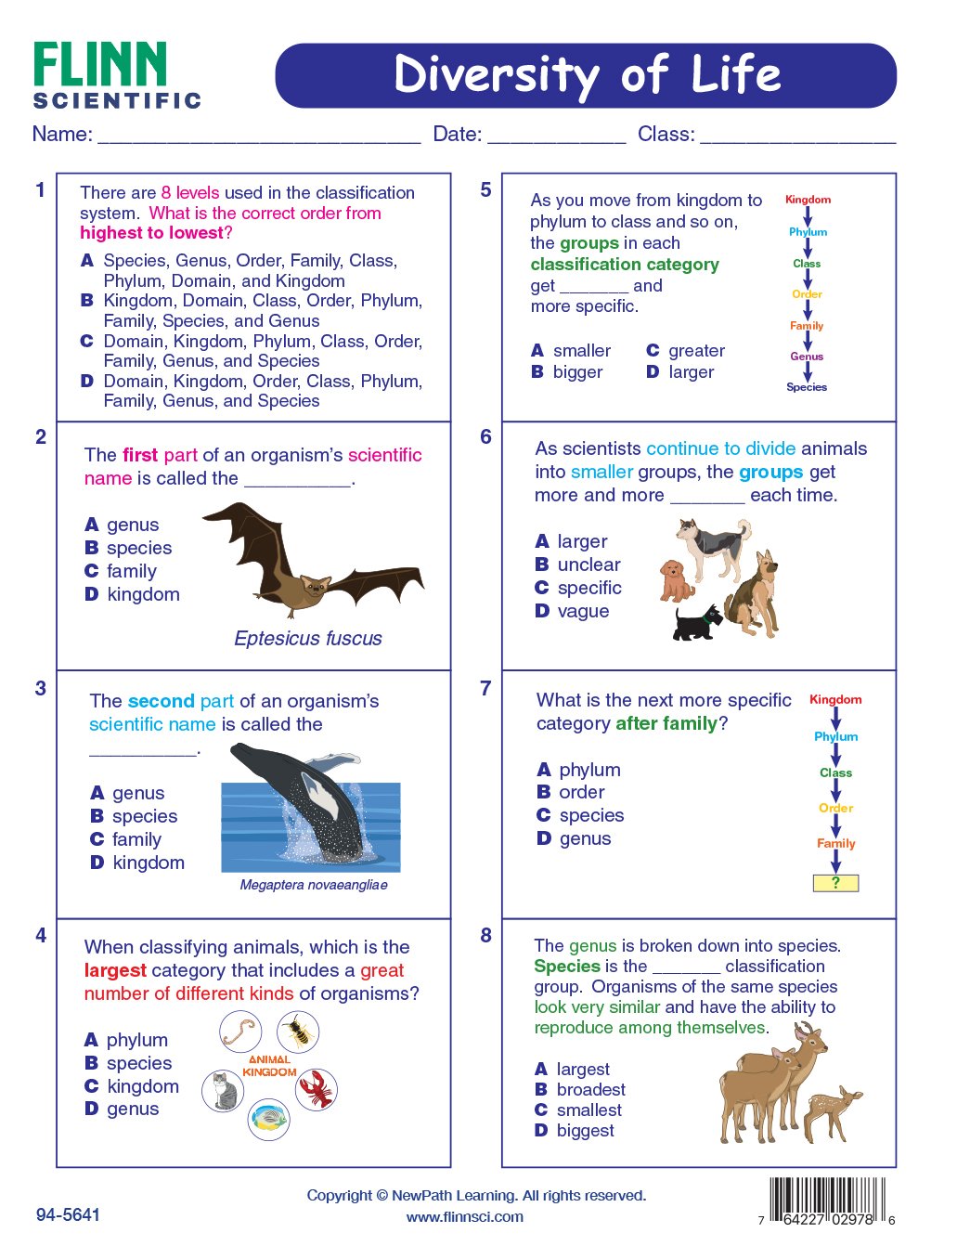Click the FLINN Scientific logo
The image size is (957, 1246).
116,75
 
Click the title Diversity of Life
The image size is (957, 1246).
586,75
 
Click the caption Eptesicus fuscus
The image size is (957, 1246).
308,639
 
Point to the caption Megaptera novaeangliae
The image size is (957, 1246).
314,885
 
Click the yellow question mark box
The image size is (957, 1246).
835,883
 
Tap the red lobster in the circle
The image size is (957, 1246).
317,1089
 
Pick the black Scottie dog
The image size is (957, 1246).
697,623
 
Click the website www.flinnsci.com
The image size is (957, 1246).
465,1217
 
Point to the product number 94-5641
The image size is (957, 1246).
68,1215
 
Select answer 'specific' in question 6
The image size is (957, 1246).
589,588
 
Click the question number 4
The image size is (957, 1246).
41,936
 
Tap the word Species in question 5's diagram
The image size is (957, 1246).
807,387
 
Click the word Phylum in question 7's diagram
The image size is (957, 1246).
836,736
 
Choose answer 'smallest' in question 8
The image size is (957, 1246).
589,1110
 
